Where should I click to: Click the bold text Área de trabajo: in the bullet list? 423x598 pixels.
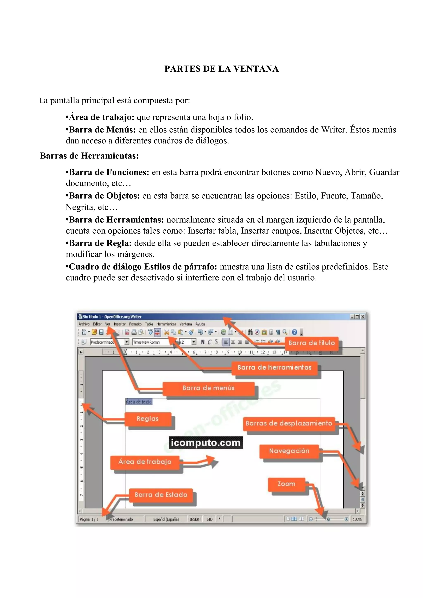point(101,117)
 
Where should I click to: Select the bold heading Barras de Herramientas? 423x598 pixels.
point(89,156)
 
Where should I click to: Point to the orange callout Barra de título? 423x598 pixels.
point(311,343)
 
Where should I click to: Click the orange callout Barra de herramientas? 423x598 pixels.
point(274,368)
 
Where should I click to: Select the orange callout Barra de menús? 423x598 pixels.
point(208,388)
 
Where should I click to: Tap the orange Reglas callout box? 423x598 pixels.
point(147,419)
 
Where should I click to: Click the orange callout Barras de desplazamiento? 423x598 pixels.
point(289,423)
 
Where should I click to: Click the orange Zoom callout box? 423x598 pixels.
point(286,484)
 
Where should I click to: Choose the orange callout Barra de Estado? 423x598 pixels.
point(161,495)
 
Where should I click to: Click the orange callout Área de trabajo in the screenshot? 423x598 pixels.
point(145,462)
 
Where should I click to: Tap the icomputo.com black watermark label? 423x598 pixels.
point(205,442)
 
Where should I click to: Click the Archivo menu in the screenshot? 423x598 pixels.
point(84,324)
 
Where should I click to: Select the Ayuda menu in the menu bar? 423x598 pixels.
point(200,324)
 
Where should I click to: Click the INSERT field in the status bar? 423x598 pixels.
point(195,519)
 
